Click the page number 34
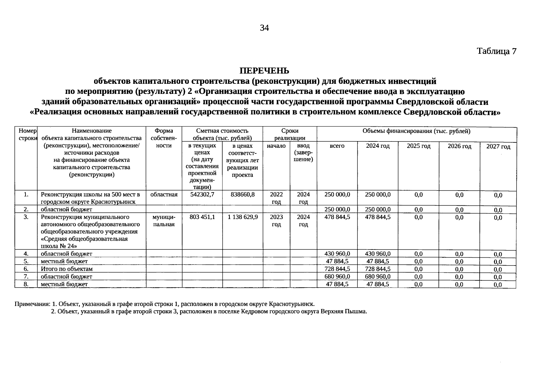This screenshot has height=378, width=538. point(264,28)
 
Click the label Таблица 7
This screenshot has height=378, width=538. point(496,51)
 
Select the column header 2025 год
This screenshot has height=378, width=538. point(418,146)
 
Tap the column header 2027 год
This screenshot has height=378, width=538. point(498,147)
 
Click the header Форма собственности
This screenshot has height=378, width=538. point(164,138)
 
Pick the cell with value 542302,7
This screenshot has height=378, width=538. point(202,195)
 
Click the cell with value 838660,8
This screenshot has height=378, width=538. point(243,195)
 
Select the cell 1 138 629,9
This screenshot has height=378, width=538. point(243,217)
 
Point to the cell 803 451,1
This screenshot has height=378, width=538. point(202,217)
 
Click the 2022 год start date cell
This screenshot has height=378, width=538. point(276,198)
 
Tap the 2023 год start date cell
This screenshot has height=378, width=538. point(276,220)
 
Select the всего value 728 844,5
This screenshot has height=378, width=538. point(337,269)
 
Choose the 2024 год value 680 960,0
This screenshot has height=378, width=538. point(378,277)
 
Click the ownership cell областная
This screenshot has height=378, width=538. point(164,195)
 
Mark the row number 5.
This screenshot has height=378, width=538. point(26,261)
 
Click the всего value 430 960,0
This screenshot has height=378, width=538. point(337,254)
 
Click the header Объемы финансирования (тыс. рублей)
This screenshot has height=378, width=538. point(416,131)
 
